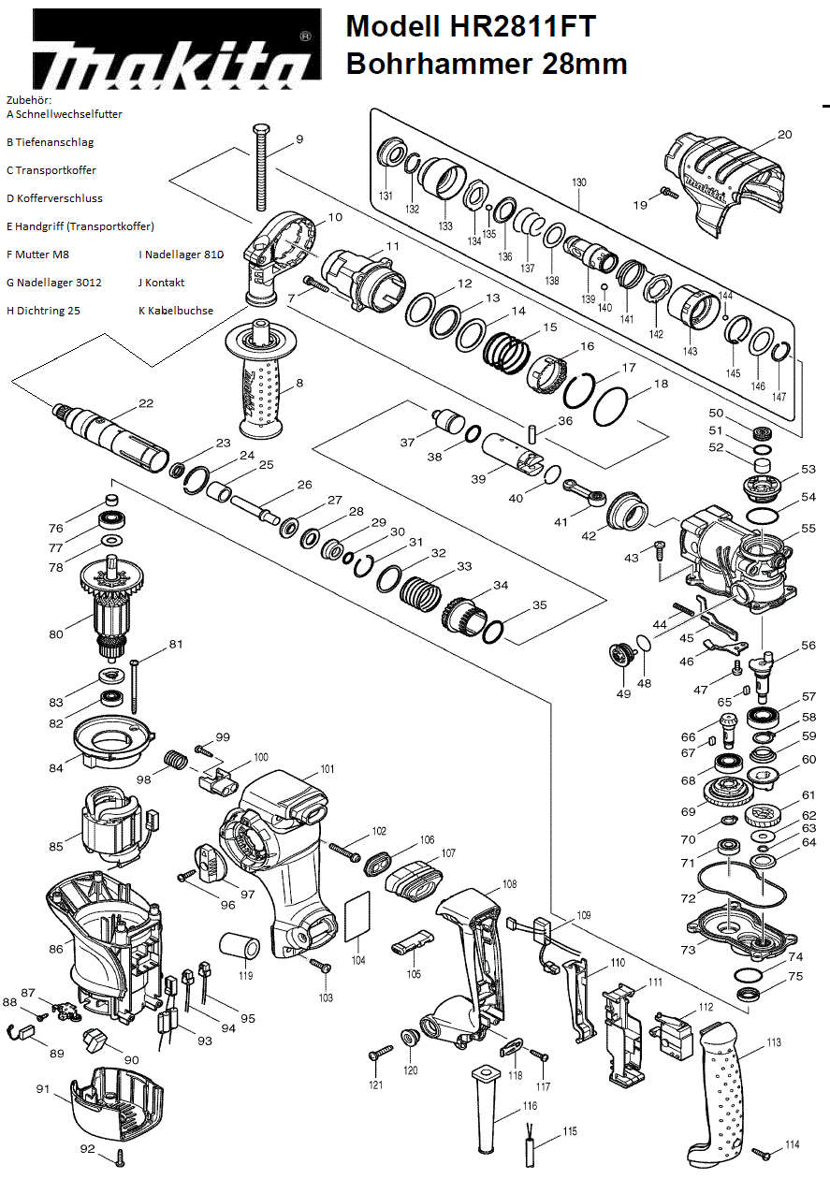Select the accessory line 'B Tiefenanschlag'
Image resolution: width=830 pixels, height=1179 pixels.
point(51,142)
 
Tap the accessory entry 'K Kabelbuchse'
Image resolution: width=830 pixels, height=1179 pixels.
point(176,311)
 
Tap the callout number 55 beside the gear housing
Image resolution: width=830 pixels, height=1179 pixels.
point(808,530)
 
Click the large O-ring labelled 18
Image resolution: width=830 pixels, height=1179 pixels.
point(610,406)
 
